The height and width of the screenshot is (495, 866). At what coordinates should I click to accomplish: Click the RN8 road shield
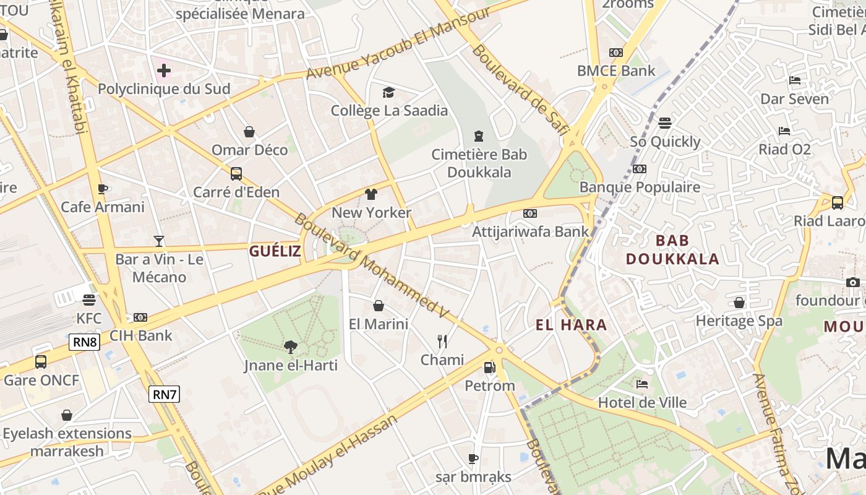(x=84, y=342)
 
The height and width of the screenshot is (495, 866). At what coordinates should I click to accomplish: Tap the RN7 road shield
(x=165, y=394)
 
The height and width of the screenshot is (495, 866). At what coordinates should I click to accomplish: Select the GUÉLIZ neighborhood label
(x=275, y=251)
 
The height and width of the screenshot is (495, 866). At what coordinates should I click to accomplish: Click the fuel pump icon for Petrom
(x=489, y=368)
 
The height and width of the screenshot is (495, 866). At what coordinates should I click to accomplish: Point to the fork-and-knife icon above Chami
(x=442, y=342)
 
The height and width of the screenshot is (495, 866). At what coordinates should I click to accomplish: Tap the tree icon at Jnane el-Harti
(x=290, y=347)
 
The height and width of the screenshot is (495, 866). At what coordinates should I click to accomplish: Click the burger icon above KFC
(x=88, y=300)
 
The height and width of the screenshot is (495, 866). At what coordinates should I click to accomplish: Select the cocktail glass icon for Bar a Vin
(x=159, y=241)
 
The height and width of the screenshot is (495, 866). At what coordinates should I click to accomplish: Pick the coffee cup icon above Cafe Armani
(x=103, y=189)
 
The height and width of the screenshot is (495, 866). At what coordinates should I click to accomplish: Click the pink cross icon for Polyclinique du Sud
(x=164, y=71)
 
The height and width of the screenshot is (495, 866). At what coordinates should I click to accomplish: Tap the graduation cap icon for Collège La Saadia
(x=388, y=93)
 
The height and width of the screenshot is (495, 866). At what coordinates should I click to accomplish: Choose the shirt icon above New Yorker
(x=371, y=194)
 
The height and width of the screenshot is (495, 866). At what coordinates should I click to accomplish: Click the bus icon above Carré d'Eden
(x=236, y=174)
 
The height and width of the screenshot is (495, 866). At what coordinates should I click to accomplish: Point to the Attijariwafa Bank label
(x=530, y=232)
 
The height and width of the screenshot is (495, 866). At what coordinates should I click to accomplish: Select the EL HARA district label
(x=571, y=325)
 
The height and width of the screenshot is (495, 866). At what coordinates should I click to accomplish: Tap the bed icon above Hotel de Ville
(x=642, y=384)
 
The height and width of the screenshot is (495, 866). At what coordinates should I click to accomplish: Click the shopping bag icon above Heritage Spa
(x=739, y=303)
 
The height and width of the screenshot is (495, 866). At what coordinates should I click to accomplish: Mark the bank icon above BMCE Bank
(x=615, y=53)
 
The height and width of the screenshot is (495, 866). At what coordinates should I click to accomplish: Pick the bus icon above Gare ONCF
(x=41, y=362)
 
